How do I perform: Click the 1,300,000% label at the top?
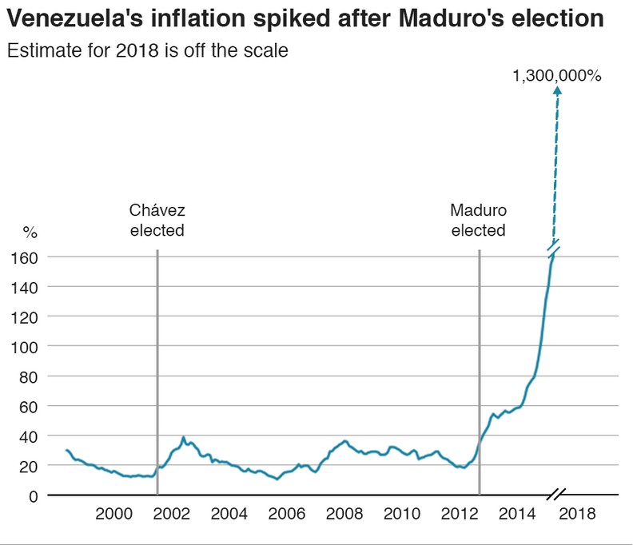click(x=557, y=77)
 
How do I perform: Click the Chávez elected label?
click(x=157, y=220)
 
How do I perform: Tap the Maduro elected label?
click(x=478, y=220)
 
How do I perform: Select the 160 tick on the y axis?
click(x=29, y=257)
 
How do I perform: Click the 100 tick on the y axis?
click(x=29, y=346)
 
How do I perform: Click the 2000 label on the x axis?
click(x=114, y=514)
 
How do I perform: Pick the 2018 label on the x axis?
click(x=577, y=514)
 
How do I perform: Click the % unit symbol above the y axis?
click(x=30, y=233)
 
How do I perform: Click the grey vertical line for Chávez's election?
click(x=157, y=360)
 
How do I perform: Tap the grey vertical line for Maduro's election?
click(x=479, y=360)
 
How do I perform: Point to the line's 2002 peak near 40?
click(x=184, y=438)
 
